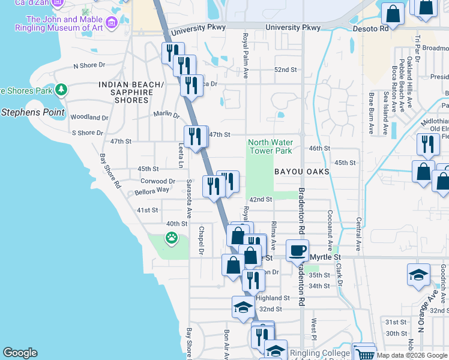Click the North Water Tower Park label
pos(270,146)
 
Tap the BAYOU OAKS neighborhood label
pos(302,172)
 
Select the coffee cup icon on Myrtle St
pos(297,250)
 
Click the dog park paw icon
pos(172,238)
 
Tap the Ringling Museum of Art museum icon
pos(111,23)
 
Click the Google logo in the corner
pos(20,353)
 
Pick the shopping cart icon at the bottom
pos(363,353)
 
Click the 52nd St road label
pos(285,70)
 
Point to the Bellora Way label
pos(152,190)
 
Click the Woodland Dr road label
pos(89,118)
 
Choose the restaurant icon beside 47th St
pos(195,137)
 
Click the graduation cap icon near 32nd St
pos(243,307)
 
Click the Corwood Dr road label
pos(157,181)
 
